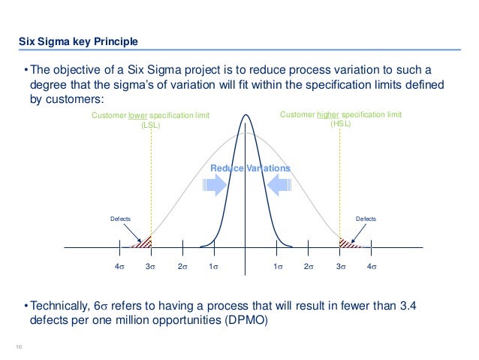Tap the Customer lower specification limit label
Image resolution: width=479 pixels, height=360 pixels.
click(x=150, y=120)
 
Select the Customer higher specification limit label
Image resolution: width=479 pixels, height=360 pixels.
click(x=340, y=120)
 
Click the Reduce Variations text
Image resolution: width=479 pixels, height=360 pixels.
click(x=249, y=168)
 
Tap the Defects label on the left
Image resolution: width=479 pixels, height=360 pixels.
click(x=121, y=219)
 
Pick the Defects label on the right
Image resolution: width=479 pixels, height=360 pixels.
click(x=366, y=219)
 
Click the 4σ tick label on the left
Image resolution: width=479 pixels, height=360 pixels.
click(x=119, y=267)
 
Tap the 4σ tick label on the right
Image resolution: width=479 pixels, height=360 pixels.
click(x=371, y=267)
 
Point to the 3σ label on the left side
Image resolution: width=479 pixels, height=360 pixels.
click(x=150, y=267)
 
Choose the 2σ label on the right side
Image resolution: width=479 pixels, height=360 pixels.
click(x=308, y=267)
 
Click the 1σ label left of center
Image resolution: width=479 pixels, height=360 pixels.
click(x=213, y=267)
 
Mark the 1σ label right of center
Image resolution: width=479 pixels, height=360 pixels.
click(x=277, y=267)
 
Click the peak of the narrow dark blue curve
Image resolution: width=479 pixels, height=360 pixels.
click(x=246, y=115)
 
